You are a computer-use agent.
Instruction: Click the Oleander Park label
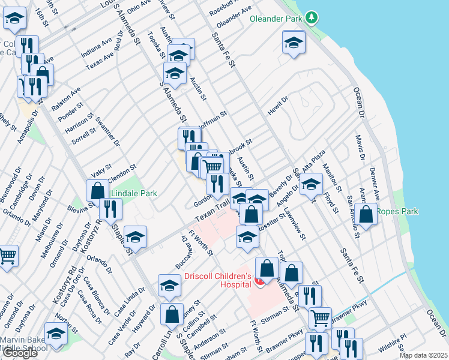click(x=276, y=19)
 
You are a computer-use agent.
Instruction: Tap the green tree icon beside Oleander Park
click(x=311, y=19)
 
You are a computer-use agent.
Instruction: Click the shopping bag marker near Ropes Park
click(x=366, y=214)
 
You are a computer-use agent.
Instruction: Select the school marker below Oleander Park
click(x=294, y=43)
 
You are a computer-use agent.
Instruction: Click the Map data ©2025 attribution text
click(x=423, y=355)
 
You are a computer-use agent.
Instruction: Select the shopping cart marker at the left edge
click(x=7, y=256)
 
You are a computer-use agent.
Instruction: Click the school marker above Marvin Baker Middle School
click(x=56, y=334)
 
